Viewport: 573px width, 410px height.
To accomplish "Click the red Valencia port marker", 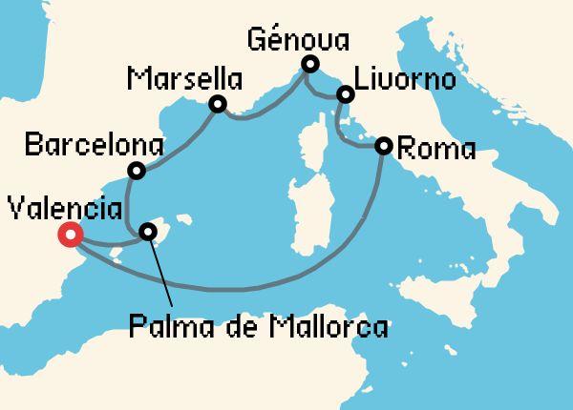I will tap(70, 235).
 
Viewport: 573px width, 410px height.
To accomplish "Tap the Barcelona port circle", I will tap(137, 172).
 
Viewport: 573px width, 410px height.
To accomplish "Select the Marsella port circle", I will tap(218, 105).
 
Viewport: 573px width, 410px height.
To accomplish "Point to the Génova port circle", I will tap(309, 65).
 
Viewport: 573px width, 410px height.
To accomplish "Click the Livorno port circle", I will tap(346, 94).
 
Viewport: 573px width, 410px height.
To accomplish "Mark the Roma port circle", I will tap(384, 146).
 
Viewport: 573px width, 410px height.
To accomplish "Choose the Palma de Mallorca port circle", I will tap(148, 231).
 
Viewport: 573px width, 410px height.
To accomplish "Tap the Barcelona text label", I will tap(93, 147).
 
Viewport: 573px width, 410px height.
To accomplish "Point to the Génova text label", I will tap(297, 40).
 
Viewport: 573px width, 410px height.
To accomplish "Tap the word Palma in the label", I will tap(162, 330).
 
